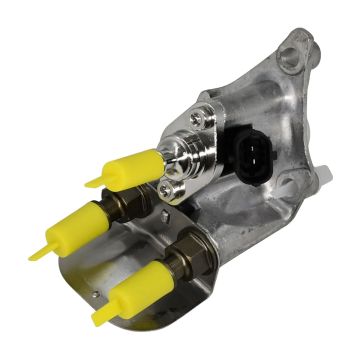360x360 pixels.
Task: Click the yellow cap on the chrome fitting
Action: tap(130, 167)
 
